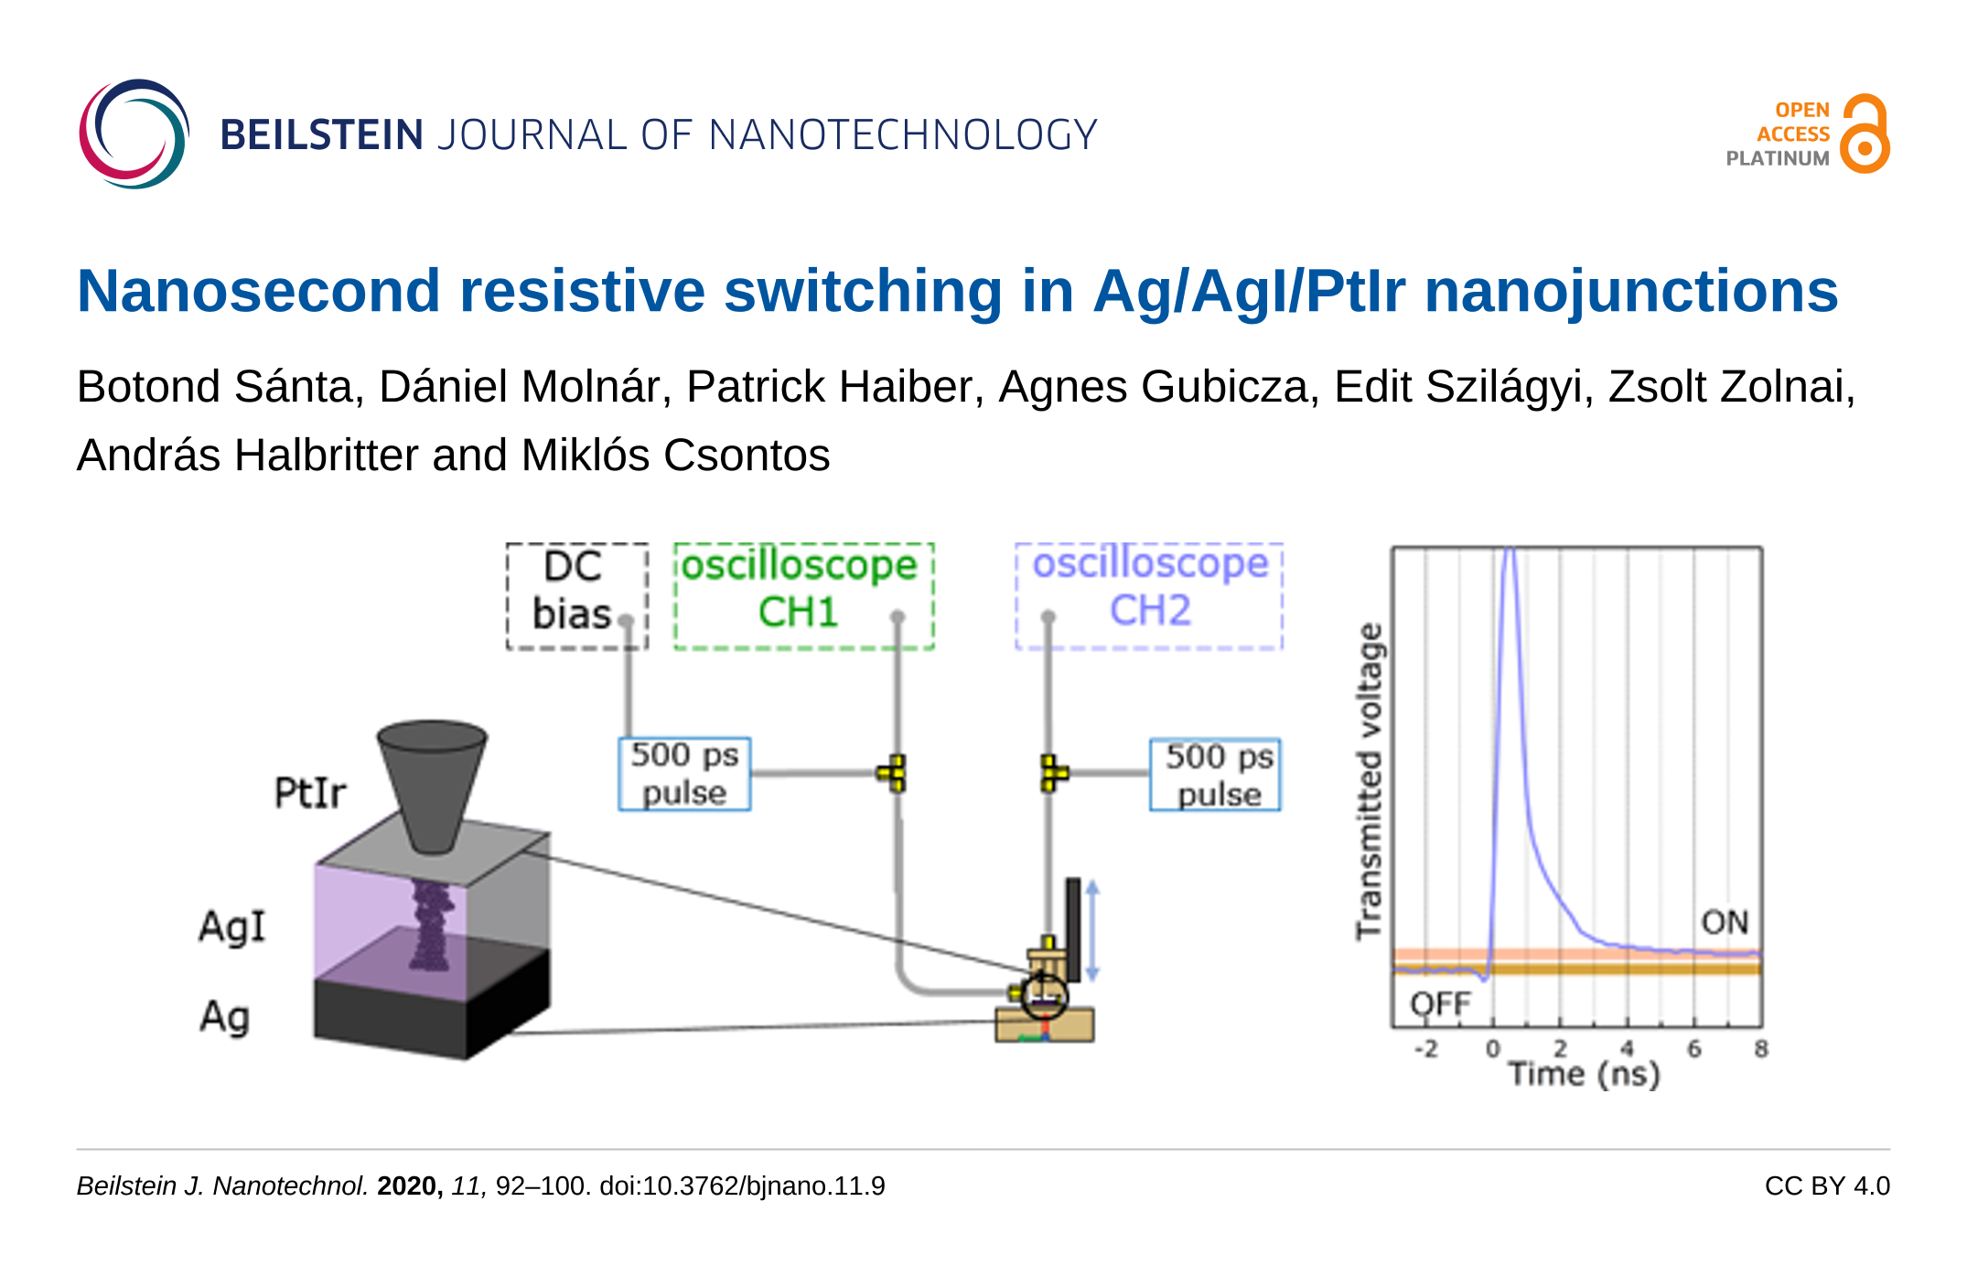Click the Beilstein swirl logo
[134, 134]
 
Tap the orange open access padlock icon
[1865, 134]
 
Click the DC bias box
[577, 596]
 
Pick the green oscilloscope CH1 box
[804, 596]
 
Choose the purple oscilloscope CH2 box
[1149, 596]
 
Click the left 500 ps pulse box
[684, 774]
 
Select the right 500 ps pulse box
[1215, 775]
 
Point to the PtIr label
[310, 792]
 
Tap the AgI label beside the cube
[232, 927]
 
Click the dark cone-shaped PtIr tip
[432, 787]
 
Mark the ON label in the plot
[1725, 922]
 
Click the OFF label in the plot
[1440, 1004]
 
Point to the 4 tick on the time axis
[1627, 1048]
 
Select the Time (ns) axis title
[1585, 1074]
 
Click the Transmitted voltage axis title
[1370, 781]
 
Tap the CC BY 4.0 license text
[1827, 1185]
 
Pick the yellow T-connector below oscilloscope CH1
[893, 773]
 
